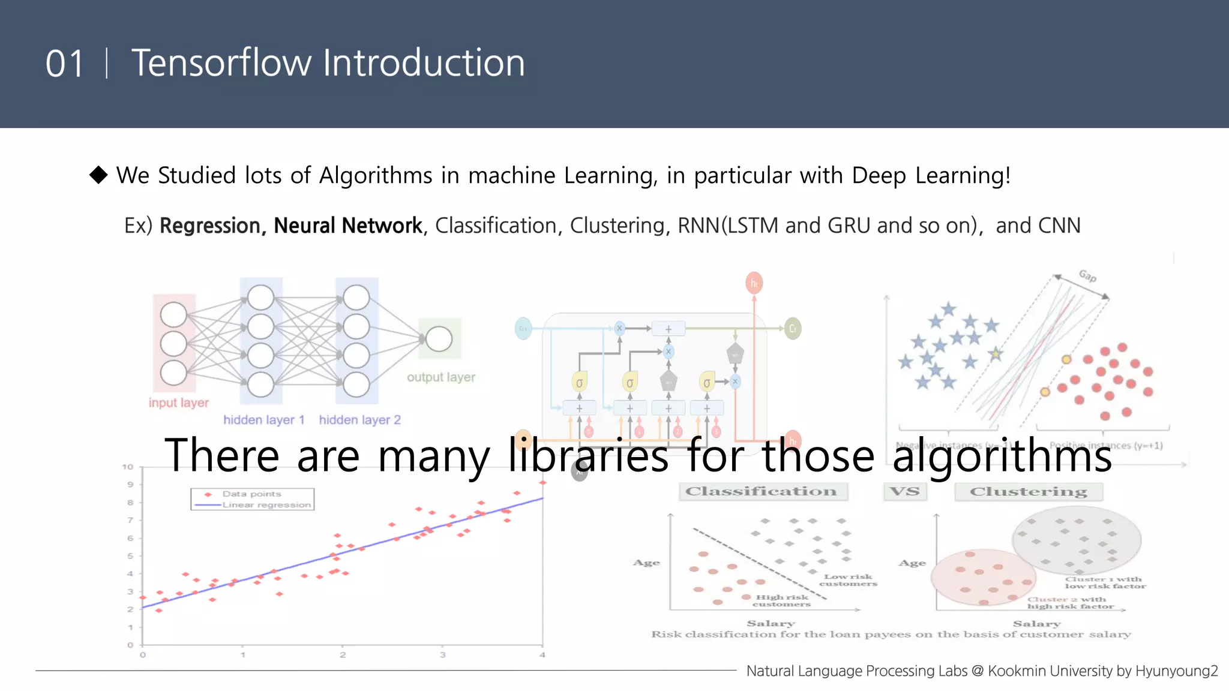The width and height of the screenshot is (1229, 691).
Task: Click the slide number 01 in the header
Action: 64,64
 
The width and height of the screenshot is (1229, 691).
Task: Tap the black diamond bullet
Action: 98,175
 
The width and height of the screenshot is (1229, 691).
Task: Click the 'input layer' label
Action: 179,402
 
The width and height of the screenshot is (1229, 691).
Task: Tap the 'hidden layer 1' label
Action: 264,420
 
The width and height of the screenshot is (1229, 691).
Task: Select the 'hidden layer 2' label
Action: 359,420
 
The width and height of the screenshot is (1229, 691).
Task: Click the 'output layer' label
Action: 441,377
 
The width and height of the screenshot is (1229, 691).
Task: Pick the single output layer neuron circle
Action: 439,339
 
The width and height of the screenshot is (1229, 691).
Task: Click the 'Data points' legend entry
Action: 251,494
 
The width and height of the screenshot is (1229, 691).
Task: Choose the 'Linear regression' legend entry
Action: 266,504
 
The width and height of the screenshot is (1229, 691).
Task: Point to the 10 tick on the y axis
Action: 128,467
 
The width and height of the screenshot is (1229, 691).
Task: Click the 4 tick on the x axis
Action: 542,655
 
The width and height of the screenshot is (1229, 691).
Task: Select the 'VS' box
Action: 905,491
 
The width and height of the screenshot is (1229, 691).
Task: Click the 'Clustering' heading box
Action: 1029,492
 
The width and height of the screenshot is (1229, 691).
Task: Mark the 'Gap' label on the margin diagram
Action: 1087,276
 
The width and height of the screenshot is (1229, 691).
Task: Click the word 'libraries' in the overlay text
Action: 588,456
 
